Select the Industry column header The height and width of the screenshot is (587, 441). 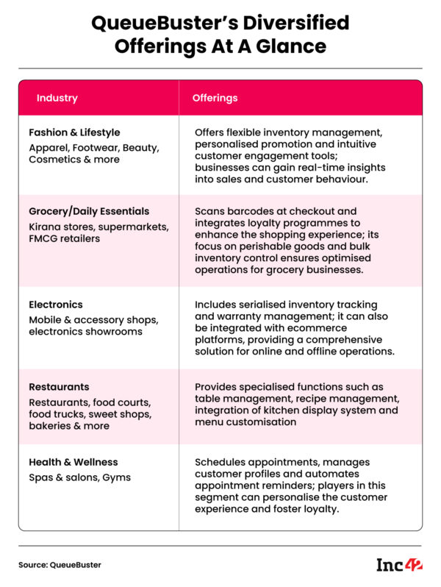point(57,98)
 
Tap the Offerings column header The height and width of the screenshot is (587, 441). point(215,98)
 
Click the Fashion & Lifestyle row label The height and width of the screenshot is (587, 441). point(74,133)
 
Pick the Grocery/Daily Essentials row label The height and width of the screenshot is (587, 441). point(89,211)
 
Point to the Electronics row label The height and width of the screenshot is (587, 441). point(56,305)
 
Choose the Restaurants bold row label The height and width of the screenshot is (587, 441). point(59,387)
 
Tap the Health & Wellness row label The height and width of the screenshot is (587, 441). point(73,462)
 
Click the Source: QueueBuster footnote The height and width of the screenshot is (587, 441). point(60,565)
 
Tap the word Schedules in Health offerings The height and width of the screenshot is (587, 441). point(222,462)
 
